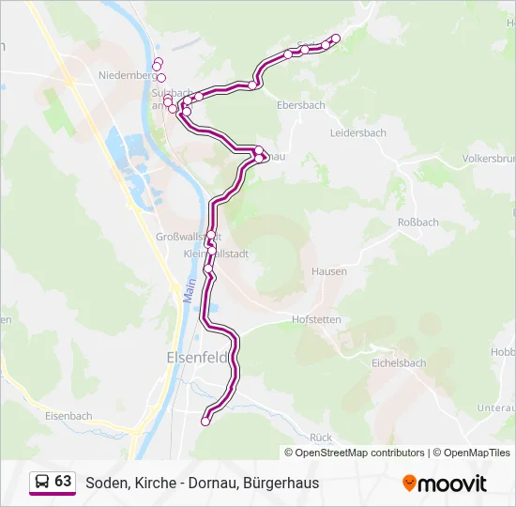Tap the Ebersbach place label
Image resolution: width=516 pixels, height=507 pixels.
click(301, 105)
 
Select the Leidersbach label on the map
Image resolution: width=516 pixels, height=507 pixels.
click(358, 133)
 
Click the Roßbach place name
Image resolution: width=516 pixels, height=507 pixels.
click(418, 223)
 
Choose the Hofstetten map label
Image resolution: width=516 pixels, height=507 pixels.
click(316, 320)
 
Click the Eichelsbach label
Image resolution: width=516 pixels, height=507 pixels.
click(400, 361)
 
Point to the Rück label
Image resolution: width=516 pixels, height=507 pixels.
click(321, 438)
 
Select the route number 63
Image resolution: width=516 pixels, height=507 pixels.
click(63, 482)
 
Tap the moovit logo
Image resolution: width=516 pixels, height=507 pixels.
click(444, 483)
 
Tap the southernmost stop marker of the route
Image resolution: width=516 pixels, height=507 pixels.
click(205, 422)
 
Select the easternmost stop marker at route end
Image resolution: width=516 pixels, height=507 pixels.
click(337, 38)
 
